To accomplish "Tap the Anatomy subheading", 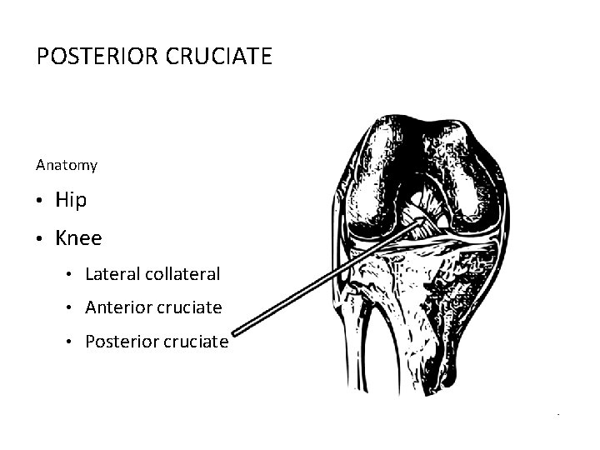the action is click(67, 165).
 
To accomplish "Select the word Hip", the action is click(71, 200).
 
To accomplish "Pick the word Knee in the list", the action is click(78, 238).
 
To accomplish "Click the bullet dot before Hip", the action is click(40, 201).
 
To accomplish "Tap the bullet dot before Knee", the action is click(40, 239).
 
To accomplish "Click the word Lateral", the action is click(111, 273).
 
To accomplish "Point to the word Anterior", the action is click(117, 307).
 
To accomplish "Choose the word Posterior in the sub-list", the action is click(119, 342).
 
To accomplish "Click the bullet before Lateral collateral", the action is click(72, 274).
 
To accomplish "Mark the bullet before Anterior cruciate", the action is click(72, 308).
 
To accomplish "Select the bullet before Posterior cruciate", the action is click(72, 342).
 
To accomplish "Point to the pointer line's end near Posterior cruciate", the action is click(235, 331).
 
